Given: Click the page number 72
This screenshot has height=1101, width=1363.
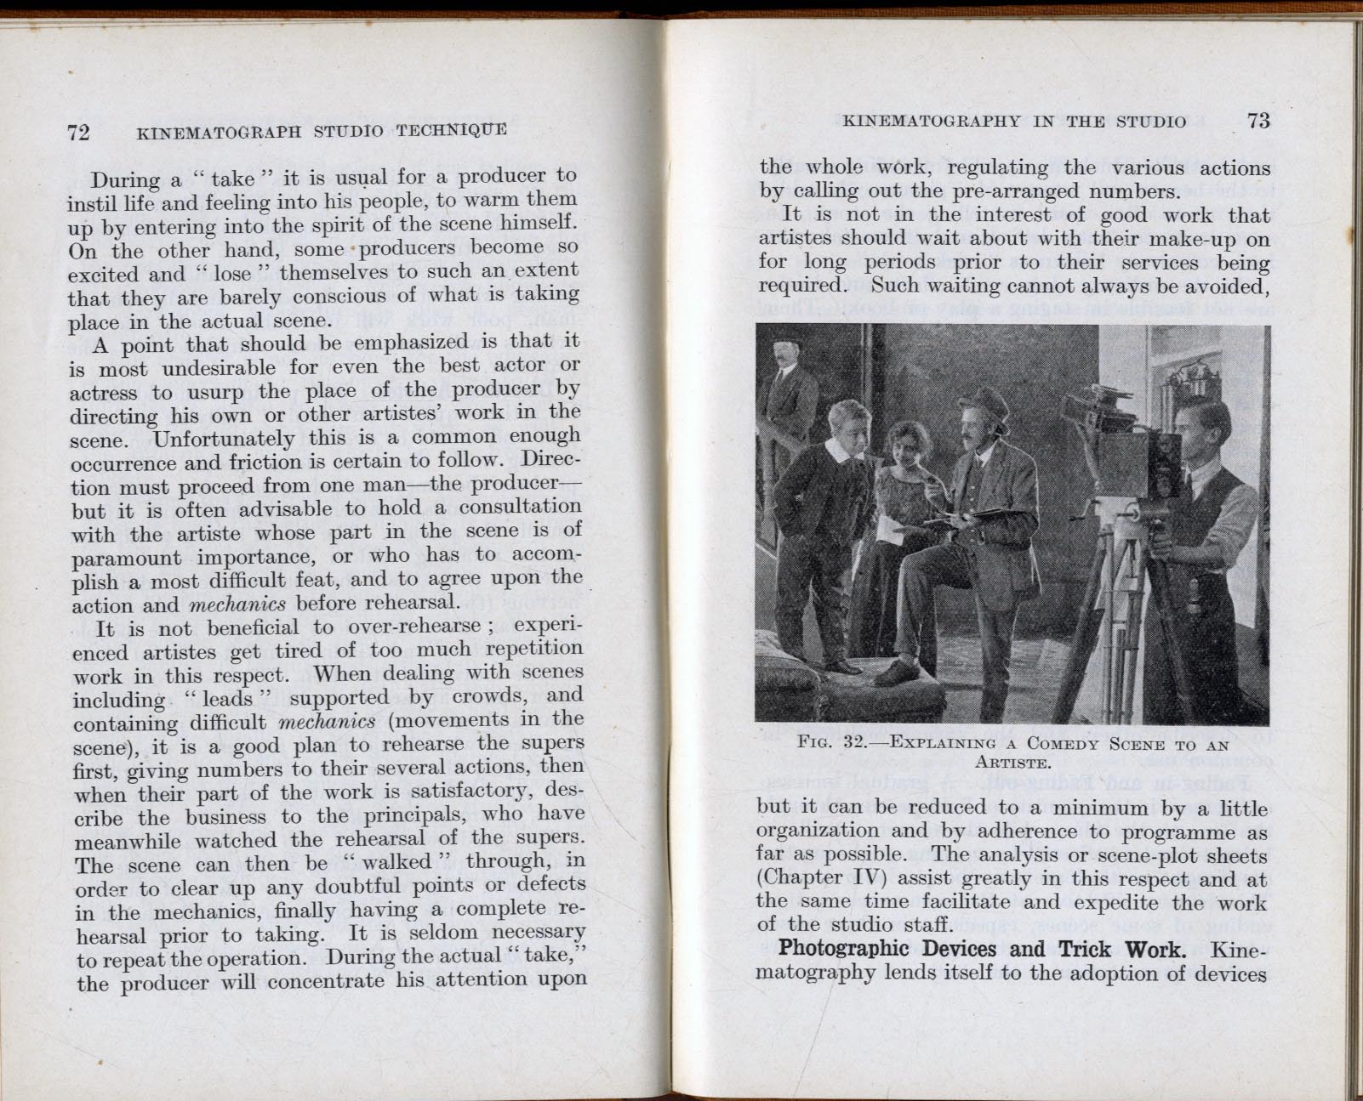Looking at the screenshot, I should tap(78, 132).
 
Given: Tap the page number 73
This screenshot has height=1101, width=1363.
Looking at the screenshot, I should tap(1258, 121).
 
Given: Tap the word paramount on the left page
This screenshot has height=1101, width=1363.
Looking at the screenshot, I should tap(127, 558).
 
